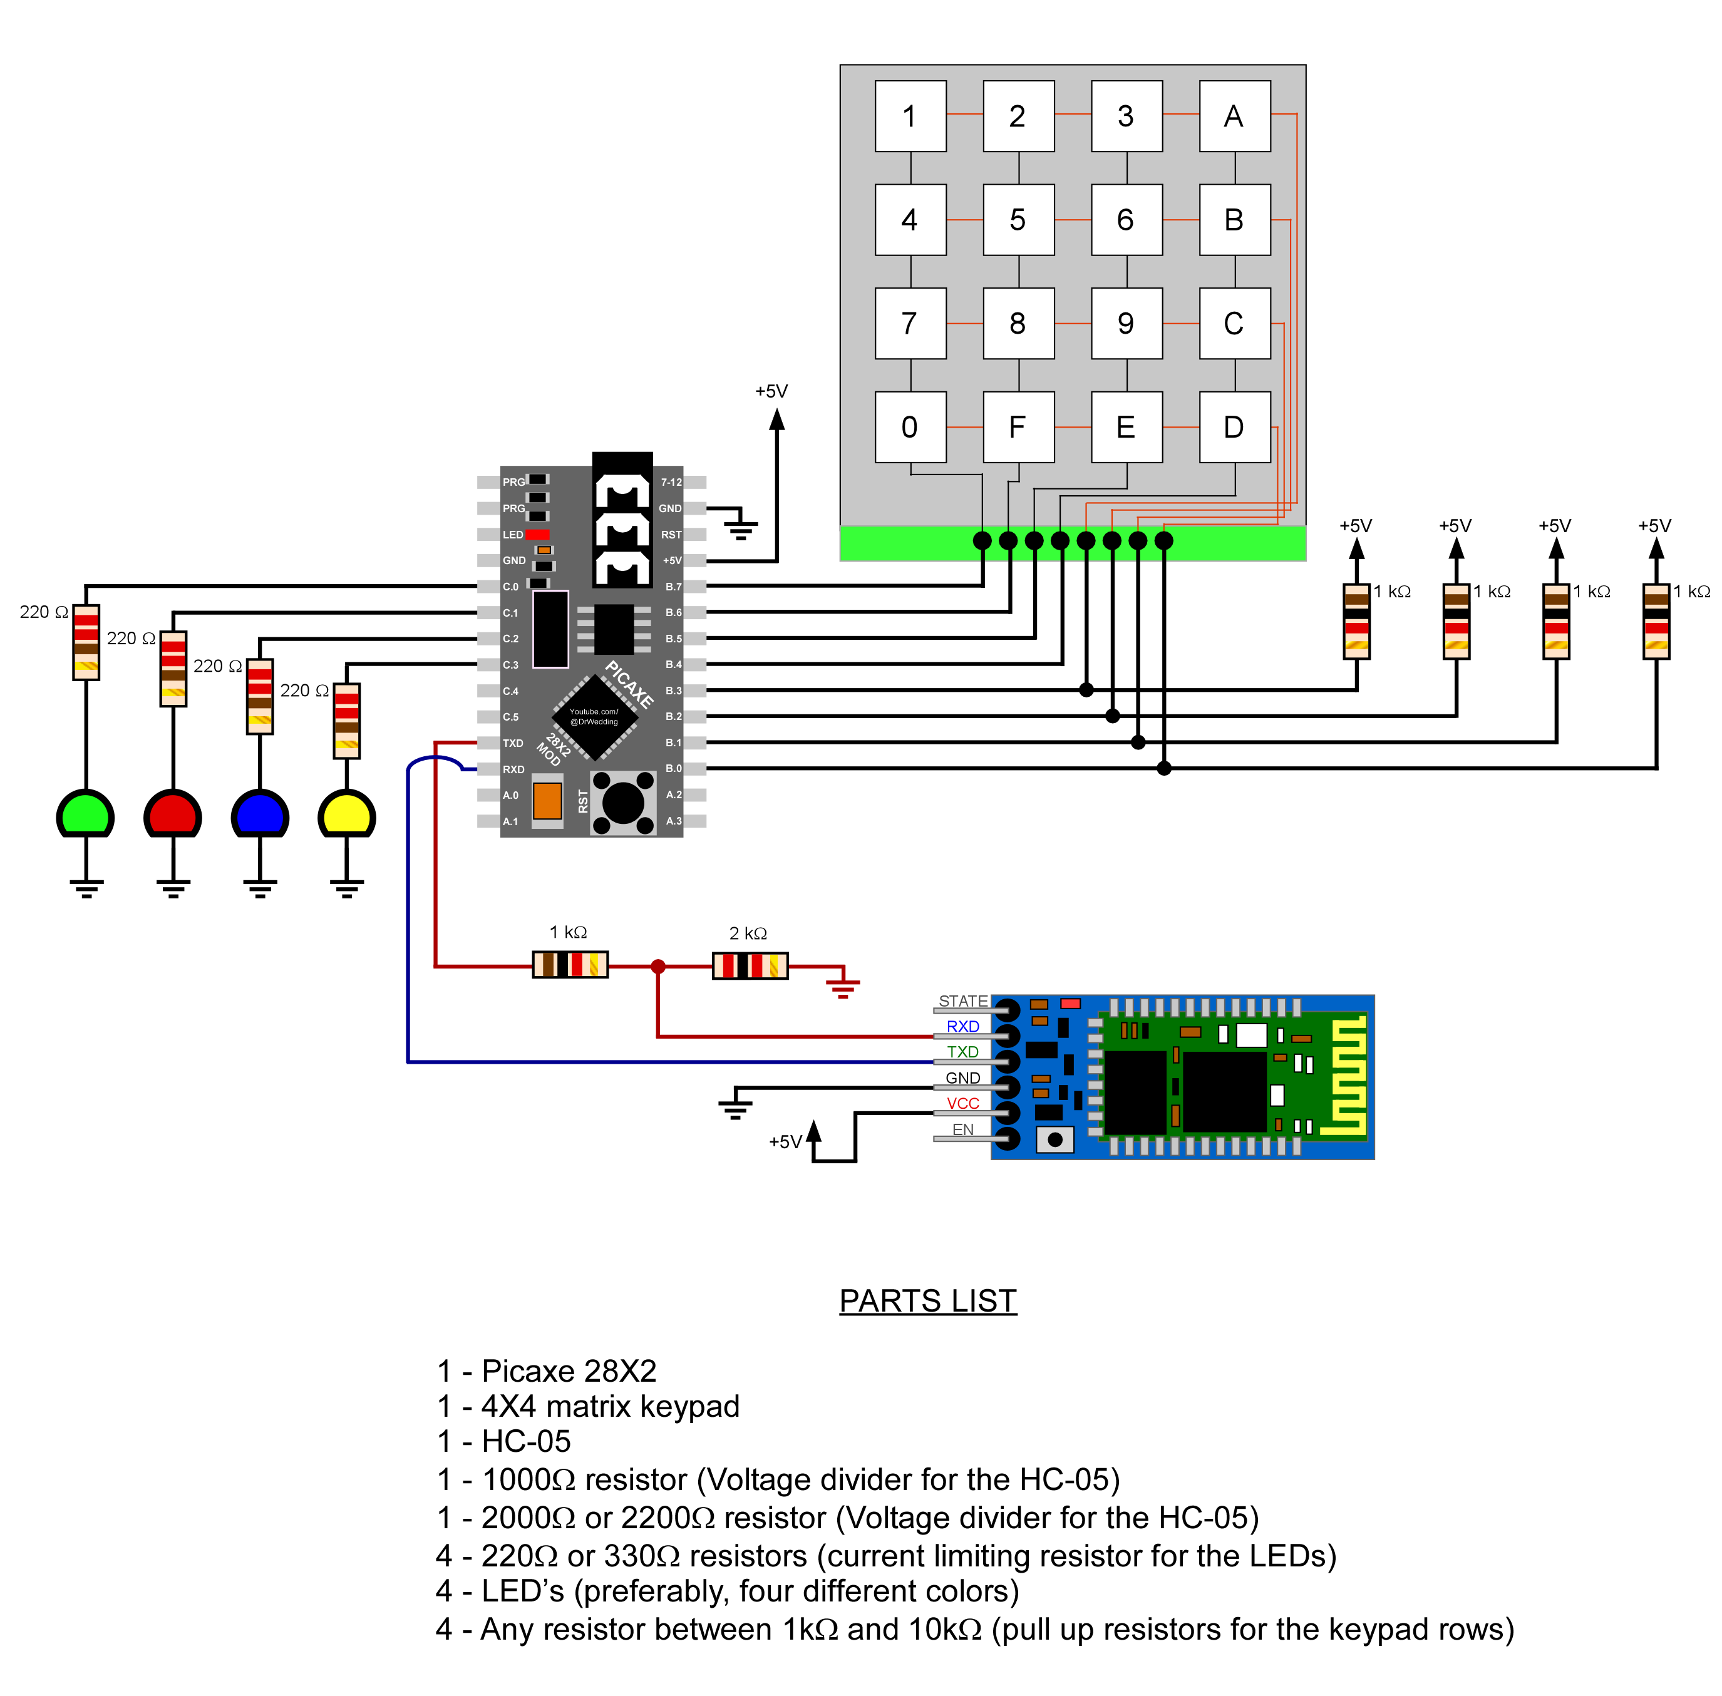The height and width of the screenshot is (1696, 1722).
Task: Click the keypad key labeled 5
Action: coord(1018,219)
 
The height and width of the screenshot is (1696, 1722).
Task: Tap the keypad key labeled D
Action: coord(1234,427)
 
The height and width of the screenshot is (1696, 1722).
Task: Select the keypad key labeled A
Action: coord(1234,116)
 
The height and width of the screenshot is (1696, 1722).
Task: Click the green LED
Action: coord(86,813)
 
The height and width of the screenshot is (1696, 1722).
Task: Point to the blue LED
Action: coord(259,813)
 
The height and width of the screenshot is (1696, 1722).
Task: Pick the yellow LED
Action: coord(346,813)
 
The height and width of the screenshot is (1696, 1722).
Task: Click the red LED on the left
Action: coord(173,813)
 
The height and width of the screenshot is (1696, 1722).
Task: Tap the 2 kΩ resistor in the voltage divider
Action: coord(749,965)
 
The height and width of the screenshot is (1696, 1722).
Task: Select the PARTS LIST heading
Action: coord(927,1300)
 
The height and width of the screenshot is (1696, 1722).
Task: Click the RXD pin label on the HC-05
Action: coord(962,1026)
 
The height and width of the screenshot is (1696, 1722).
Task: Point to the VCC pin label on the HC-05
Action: coord(962,1102)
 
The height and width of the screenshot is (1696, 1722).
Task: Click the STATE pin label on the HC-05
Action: coord(962,1000)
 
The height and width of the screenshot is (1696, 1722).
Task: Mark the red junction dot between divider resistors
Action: coord(657,965)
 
